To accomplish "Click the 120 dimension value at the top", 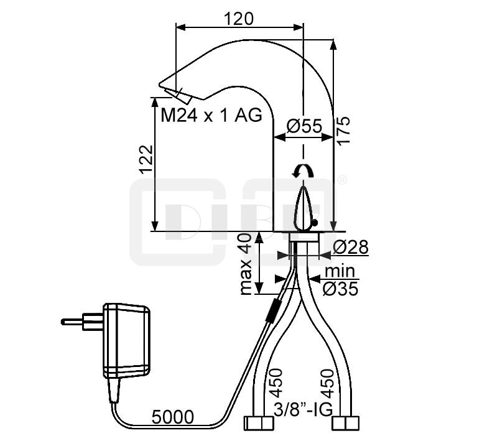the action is [x=239, y=19].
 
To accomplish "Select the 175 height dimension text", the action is [x=344, y=130].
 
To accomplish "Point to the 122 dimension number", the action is [x=146, y=159].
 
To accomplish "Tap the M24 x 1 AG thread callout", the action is [x=211, y=116].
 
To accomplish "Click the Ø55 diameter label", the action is [x=304, y=126].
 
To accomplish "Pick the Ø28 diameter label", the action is [x=351, y=247].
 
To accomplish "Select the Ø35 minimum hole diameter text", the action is [x=340, y=289].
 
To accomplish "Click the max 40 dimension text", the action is [x=246, y=264].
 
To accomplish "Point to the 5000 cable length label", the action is [x=172, y=417].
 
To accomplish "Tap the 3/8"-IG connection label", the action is [x=303, y=410].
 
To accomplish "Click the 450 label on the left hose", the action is [x=276, y=383].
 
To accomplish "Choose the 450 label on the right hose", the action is [x=328, y=383].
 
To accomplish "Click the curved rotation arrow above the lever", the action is [x=303, y=171].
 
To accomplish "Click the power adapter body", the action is [x=126, y=341].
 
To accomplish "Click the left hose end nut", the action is [x=259, y=424].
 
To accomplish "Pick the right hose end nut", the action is [x=346, y=424].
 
